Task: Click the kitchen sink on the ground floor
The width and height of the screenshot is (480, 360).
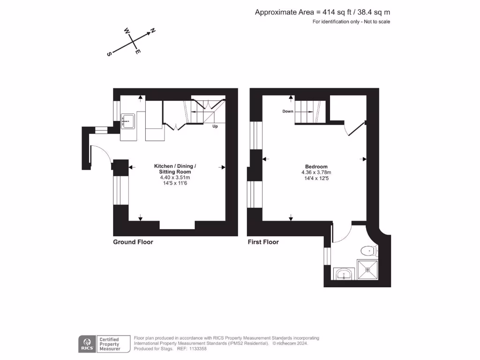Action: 127,121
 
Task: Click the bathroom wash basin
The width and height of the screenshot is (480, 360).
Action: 345,273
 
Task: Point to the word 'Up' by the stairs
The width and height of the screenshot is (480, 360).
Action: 215,127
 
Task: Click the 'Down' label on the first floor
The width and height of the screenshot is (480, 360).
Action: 287,112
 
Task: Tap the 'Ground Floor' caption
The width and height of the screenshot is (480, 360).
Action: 133,242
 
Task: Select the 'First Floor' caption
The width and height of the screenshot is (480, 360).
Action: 263,242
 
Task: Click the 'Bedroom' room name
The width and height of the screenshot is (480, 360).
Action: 316,167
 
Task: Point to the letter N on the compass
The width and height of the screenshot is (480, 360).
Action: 153,31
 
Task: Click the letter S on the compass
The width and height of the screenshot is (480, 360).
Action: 109,54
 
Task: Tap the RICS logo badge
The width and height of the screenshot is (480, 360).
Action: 87,344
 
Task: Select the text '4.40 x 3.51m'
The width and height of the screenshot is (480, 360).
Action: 175,178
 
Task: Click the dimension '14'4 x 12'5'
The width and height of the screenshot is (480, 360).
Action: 316,178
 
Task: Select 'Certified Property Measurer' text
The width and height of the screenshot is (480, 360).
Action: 109,344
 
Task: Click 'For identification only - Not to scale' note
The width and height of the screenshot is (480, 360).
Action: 351,22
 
